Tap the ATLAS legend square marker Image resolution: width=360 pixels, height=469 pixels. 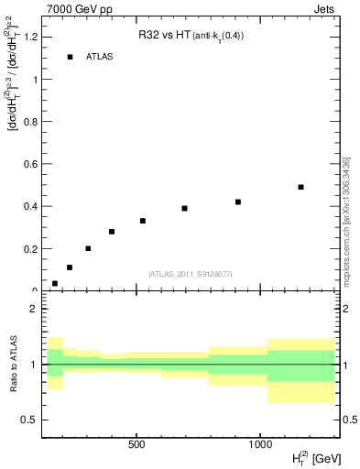pyautogui.click(x=70, y=57)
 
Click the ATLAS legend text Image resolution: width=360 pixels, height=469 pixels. pyautogui.click(x=101, y=57)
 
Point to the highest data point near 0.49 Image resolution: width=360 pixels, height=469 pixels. pyautogui.click(x=300, y=187)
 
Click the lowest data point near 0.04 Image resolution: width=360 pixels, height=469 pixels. pyautogui.click(x=55, y=283)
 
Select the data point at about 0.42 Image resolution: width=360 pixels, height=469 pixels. pyautogui.click(x=238, y=202)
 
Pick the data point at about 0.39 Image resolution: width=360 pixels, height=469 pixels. pyautogui.click(x=184, y=208)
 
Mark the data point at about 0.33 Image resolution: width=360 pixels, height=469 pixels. pyautogui.click(x=143, y=221)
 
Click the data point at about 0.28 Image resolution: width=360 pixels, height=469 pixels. pyautogui.click(x=112, y=232)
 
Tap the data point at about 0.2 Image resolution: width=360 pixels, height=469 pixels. pyautogui.click(x=88, y=248)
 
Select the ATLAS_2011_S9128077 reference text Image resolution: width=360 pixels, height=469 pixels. pyautogui.click(x=190, y=273)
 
